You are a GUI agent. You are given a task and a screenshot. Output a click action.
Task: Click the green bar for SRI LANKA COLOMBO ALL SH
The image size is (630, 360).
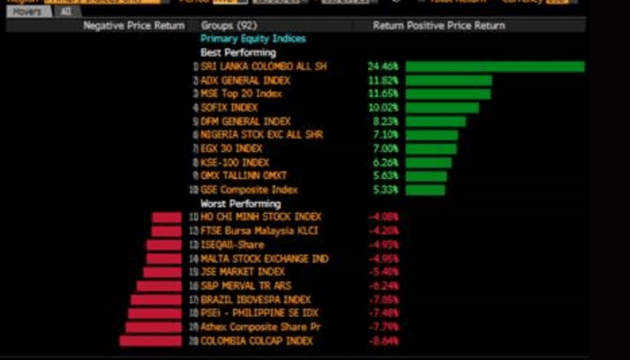click(494, 67)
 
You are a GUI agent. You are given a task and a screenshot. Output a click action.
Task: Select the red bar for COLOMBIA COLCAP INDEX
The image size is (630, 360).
click(150, 341)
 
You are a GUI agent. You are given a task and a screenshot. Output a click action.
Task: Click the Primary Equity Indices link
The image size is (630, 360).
click(253, 40)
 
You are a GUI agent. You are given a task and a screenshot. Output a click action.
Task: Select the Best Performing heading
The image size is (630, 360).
click(238, 53)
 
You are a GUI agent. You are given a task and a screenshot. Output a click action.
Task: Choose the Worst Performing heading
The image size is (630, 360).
click(240, 204)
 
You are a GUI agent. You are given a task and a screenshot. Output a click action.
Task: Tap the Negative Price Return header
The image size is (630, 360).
click(134, 26)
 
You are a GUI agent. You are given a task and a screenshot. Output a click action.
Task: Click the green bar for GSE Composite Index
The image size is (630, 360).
click(426, 190)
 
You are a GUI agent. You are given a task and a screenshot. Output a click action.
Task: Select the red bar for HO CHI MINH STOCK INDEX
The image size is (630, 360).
click(166, 217)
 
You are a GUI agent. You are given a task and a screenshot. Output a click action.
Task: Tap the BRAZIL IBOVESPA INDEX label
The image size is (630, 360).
click(256, 300)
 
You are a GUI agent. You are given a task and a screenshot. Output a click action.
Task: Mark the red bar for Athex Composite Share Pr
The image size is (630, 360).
click(154, 327)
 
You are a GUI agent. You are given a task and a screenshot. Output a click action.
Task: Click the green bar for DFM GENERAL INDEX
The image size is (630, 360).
click(436, 121)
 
